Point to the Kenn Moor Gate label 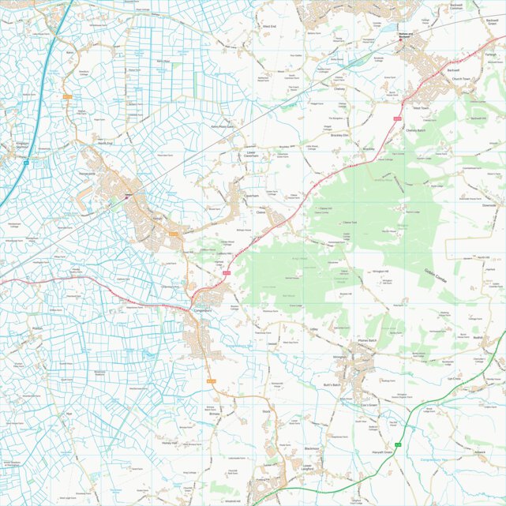coord(222,126)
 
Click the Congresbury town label coord(204,310)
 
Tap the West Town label coord(421,107)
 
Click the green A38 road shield coord(399,444)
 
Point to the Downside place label coord(489,204)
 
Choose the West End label coord(269,26)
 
